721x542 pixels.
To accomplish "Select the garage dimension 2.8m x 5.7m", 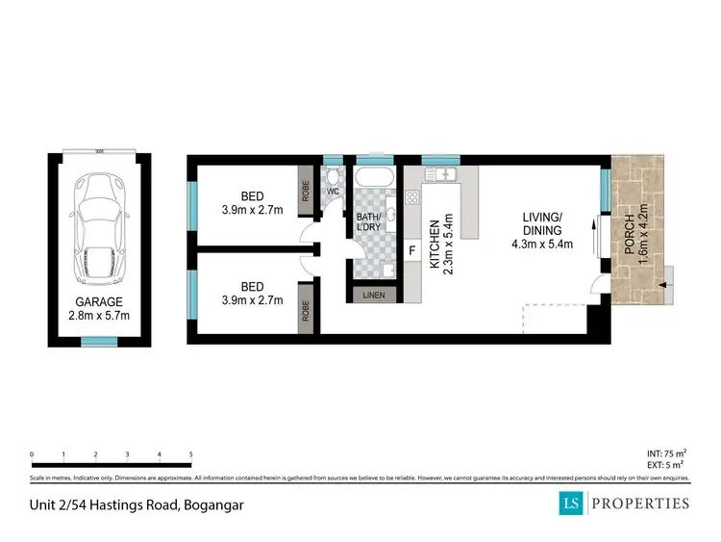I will [x=99, y=315].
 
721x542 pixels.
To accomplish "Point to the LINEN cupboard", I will [x=374, y=296].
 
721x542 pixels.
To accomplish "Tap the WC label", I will [x=334, y=191].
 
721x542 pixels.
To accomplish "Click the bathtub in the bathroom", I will [x=373, y=179].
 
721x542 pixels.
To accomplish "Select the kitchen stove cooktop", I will [x=412, y=198].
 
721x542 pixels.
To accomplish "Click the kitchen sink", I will [x=443, y=174].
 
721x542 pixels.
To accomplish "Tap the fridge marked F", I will [x=412, y=251].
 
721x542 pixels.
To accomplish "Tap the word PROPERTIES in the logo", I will [x=641, y=503].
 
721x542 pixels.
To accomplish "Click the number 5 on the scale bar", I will [x=191, y=454].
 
